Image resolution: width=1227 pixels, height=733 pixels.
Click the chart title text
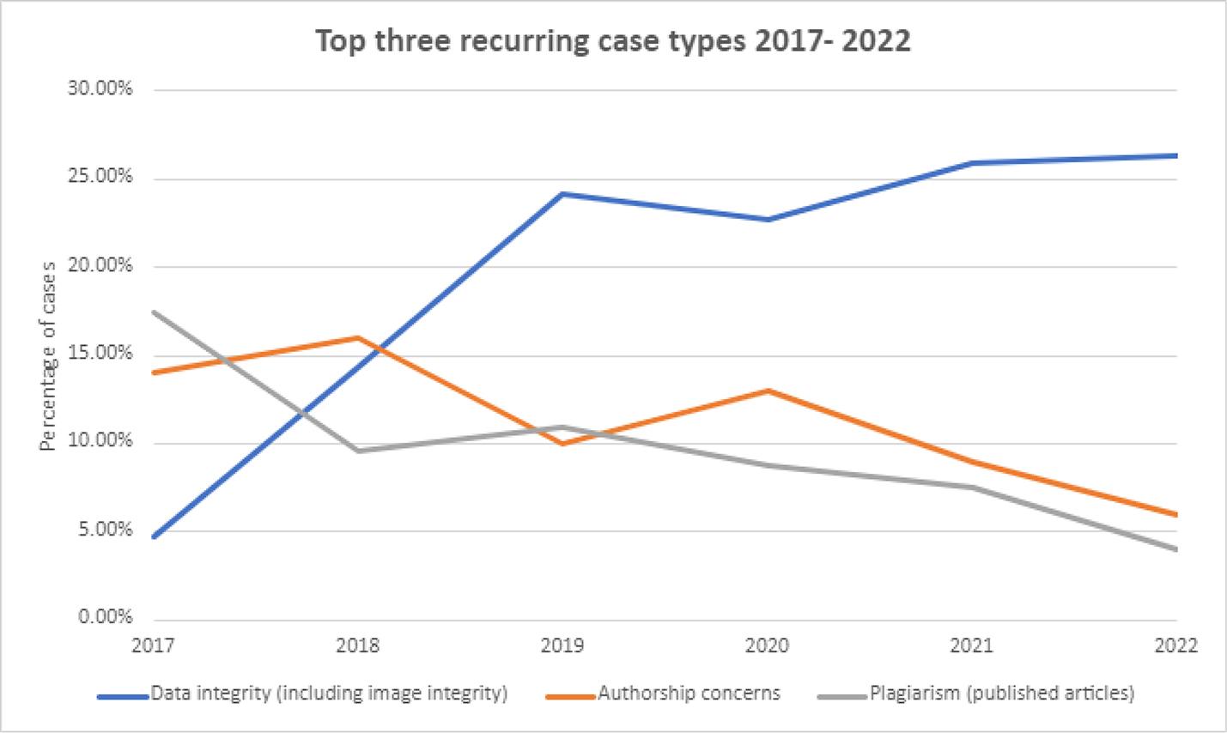(x=613, y=40)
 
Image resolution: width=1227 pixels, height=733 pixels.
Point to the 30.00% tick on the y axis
(x=100, y=88)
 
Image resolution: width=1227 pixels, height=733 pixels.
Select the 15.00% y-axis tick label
(x=100, y=354)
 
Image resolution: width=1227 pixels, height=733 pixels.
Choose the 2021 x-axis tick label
(x=971, y=645)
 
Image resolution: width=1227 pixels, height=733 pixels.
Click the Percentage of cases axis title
(x=48, y=355)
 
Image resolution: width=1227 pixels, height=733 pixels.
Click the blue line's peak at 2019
(x=562, y=194)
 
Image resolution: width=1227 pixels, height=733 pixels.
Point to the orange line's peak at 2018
(x=357, y=337)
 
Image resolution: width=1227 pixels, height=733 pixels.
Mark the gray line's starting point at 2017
(x=153, y=312)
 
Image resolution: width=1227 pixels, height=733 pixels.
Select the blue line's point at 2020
(x=767, y=220)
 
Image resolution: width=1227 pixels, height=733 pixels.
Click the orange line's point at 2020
(x=767, y=391)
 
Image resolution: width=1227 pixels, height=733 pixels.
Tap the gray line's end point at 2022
(x=1175, y=549)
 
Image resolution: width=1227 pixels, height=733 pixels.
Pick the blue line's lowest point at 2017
(x=153, y=537)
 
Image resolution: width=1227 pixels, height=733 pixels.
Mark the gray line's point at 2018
(x=357, y=451)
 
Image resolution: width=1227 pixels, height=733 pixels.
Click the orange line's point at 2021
(x=971, y=462)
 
